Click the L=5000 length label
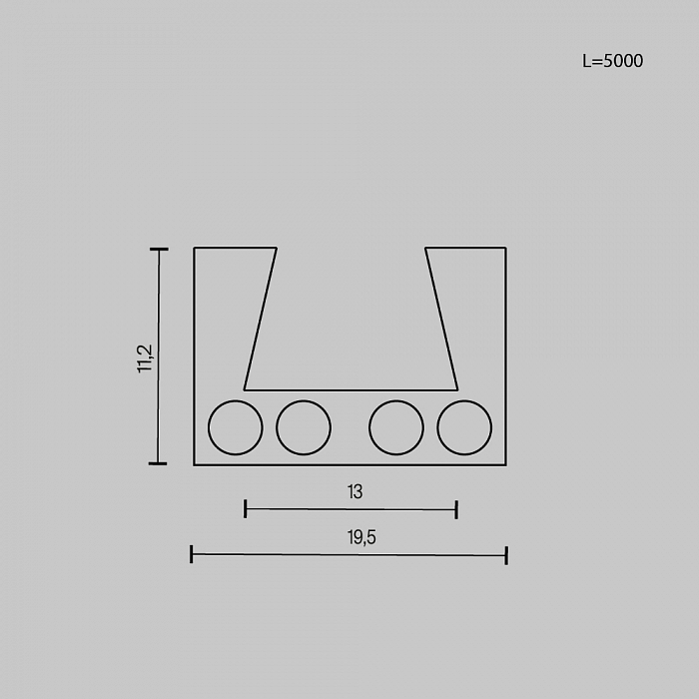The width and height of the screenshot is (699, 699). coord(612,61)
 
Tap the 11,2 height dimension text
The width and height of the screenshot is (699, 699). coord(145,358)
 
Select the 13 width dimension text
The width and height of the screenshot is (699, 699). coord(354,491)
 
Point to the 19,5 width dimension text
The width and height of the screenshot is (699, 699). coord(361,537)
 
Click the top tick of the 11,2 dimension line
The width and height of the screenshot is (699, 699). coord(159,250)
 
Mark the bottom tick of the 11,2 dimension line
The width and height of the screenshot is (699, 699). coord(158,463)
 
